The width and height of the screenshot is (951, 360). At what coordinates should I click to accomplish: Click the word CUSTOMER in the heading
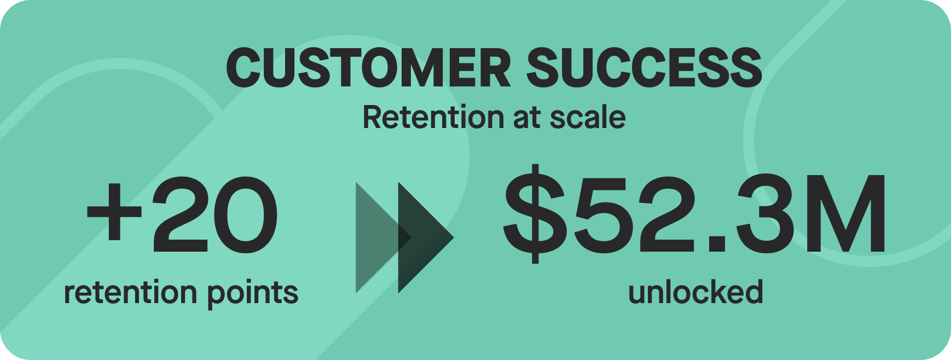click(369, 68)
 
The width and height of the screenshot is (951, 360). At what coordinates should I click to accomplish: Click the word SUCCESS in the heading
click(644, 68)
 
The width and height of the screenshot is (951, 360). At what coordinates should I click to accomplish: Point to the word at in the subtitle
click(526, 118)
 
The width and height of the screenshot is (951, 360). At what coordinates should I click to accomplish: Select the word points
click(253, 294)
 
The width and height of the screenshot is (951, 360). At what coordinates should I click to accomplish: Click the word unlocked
click(695, 292)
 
